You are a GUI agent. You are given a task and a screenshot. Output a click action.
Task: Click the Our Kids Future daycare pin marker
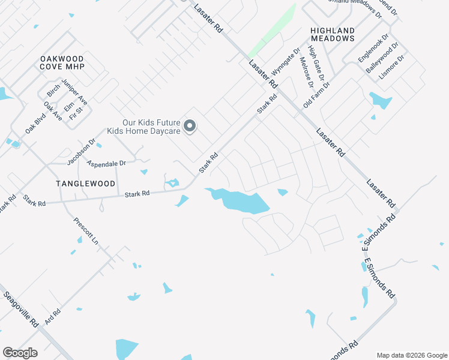[190, 126]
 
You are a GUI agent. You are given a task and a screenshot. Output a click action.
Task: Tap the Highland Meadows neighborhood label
[333, 34]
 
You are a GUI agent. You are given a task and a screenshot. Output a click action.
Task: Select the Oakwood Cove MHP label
[62, 62]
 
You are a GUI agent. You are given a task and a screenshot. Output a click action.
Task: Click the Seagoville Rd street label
[21, 309]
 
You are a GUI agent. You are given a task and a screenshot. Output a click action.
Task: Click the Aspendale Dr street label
[106, 163]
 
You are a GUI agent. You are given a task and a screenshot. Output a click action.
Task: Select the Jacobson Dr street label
[81, 152]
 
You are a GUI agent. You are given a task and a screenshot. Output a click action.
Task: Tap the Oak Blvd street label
[35, 124]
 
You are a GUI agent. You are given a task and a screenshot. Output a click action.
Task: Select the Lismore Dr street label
[393, 69]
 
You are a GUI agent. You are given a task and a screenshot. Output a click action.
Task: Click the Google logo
[20, 353]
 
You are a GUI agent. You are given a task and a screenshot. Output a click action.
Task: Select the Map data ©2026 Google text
[412, 355]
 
